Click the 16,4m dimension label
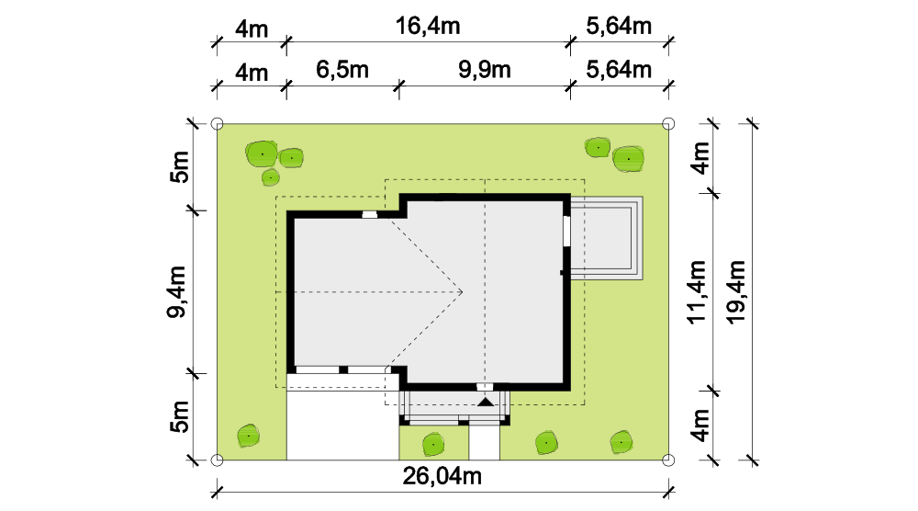(x=428, y=26)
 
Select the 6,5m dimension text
(x=342, y=70)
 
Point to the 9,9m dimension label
(x=484, y=70)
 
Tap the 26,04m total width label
(x=442, y=476)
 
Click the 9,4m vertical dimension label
(x=176, y=291)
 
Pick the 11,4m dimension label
(x=697, y=292)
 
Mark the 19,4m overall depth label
(x=735, y=292)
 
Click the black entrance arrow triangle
(x=486, y=402)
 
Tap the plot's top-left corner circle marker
(x=217, y=124)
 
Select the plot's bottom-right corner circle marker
(x=668, y=460)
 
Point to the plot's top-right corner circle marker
(x=668, y=124)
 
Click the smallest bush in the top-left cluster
(x=271, y=177)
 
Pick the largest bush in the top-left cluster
(x=262, y=154)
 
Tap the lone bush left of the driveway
(x=249, y=436)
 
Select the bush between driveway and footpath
(x=433, y=445)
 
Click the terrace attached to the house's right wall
(x=606, y=238)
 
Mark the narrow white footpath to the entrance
(x=484, y=442)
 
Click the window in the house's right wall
(x=566, y=231)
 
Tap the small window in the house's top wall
(x=369, y=214)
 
